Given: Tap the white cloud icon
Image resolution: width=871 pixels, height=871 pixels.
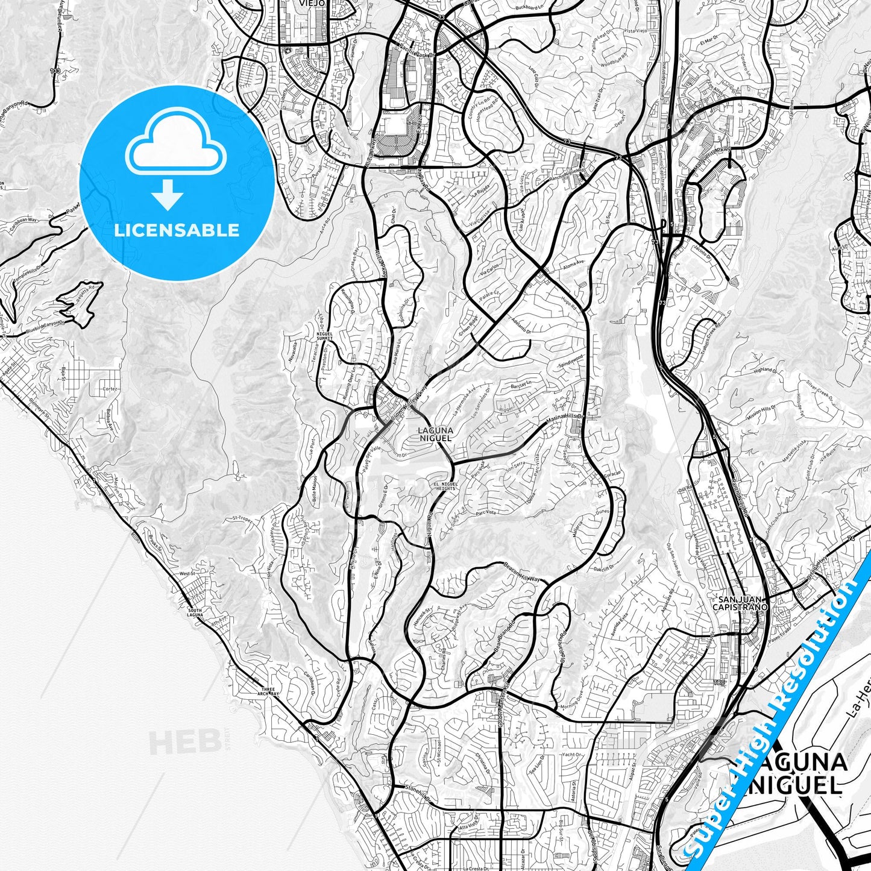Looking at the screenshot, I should tap(175, 151).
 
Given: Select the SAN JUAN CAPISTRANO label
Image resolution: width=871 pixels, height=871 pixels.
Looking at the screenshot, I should tap(741, 603).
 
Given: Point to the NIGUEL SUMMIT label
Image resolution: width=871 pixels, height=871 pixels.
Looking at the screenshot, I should tap(330, 336).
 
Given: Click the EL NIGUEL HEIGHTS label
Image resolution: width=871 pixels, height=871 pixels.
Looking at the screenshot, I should tap(445, 486).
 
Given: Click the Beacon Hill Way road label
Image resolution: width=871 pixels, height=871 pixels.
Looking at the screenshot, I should tap(522, 573).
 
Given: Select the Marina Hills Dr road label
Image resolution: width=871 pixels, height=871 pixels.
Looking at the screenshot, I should tap(571, 418).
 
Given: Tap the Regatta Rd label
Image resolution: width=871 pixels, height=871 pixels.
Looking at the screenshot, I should tap(75, 294).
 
